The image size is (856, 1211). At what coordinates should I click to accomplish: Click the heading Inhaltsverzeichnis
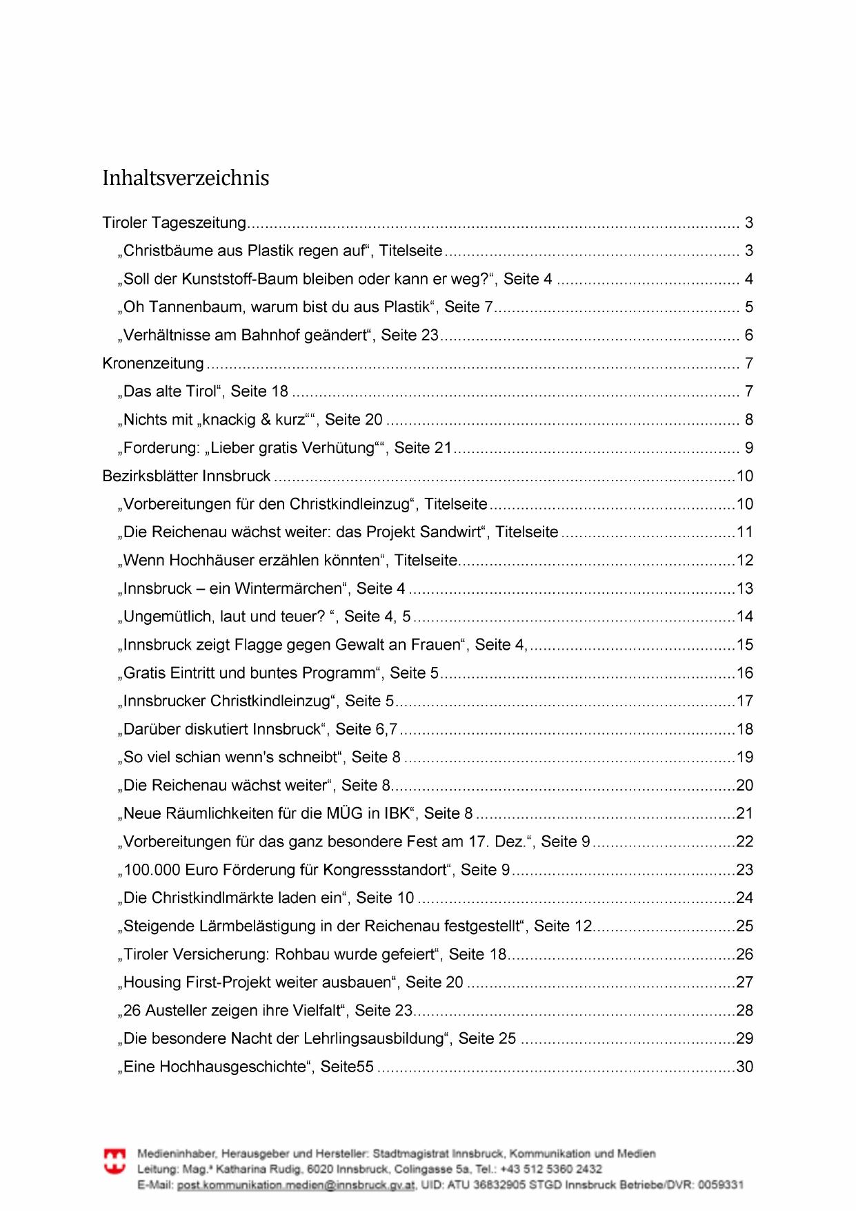point(186,178)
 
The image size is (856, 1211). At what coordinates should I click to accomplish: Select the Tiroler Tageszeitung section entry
point(174,223)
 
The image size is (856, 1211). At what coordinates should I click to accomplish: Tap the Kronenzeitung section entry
point(153,363)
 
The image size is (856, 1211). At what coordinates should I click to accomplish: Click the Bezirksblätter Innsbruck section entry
point(186,476)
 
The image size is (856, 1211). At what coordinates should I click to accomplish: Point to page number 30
point(745,1067)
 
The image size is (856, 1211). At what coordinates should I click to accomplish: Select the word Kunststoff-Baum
point(230,279)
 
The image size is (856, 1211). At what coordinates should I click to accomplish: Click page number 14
point(745,617)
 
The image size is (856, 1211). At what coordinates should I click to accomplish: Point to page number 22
point(745,842)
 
